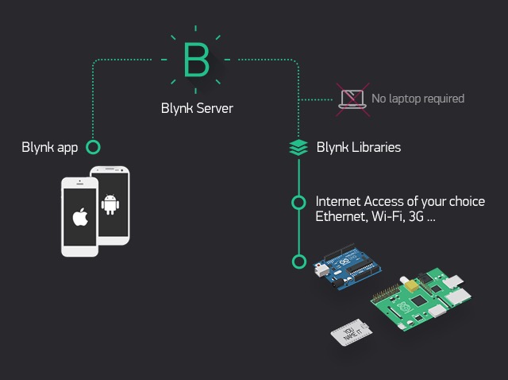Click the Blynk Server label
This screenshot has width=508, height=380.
(x=197, y=108)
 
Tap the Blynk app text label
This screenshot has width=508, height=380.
(x=50, y=147)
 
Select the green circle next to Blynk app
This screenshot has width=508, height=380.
(x=94, y=147)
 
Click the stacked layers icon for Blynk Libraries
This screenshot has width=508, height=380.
(x=298, y=147)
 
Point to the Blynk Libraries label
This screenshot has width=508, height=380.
(x=359, y=147)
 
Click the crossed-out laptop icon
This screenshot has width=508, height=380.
(x=352, y=99)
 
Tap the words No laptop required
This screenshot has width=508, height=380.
(x=418, y=99)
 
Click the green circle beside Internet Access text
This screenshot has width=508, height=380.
(x=298, y=203)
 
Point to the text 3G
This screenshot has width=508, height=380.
(x=416, y=216)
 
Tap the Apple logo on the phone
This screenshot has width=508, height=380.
(x=80, y=217)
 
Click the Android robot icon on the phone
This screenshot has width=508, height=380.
(x=110, y=204)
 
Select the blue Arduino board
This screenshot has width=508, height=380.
(x=347, y=267)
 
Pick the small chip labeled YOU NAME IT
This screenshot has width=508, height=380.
(x=352, y=332)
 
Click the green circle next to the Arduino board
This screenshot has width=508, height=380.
(x=299, y=262)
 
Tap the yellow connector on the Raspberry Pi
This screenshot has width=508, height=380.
(x=412, y=286)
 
